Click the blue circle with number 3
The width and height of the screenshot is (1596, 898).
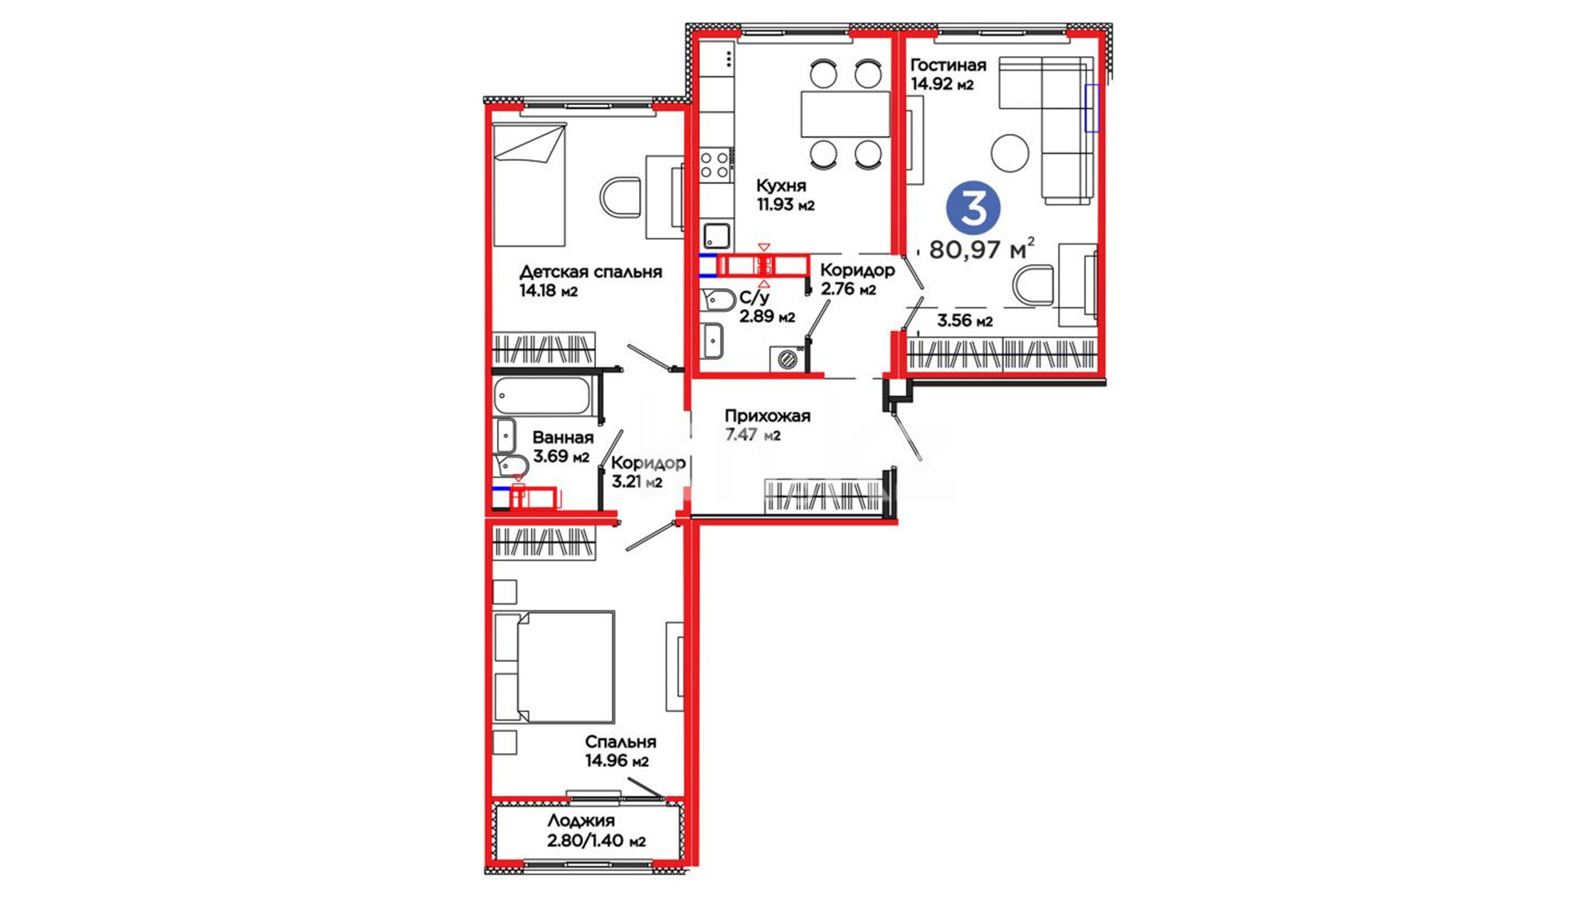(973, 208)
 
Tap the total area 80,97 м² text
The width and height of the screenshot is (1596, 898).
(982, 249)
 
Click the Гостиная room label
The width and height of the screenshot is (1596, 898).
(948, 65)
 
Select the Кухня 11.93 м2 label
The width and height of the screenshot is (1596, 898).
(785, 195)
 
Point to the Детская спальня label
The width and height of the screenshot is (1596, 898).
(590, 272)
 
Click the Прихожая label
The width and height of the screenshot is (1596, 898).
(767, 416)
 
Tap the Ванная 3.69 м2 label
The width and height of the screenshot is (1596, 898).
(562, 447)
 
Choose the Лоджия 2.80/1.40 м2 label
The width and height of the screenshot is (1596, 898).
(596, 831)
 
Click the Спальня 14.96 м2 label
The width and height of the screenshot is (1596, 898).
(619, 751)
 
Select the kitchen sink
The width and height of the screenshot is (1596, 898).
(716, 235)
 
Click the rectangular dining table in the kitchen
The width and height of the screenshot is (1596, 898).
(845, 114)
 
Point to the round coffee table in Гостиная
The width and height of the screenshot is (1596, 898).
(1010, 153)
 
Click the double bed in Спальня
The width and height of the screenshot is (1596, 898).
(554, 667)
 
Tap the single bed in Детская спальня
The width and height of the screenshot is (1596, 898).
(530, 185)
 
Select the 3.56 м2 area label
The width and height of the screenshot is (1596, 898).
(965, 321)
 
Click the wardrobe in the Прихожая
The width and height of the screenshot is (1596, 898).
(823, 496)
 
